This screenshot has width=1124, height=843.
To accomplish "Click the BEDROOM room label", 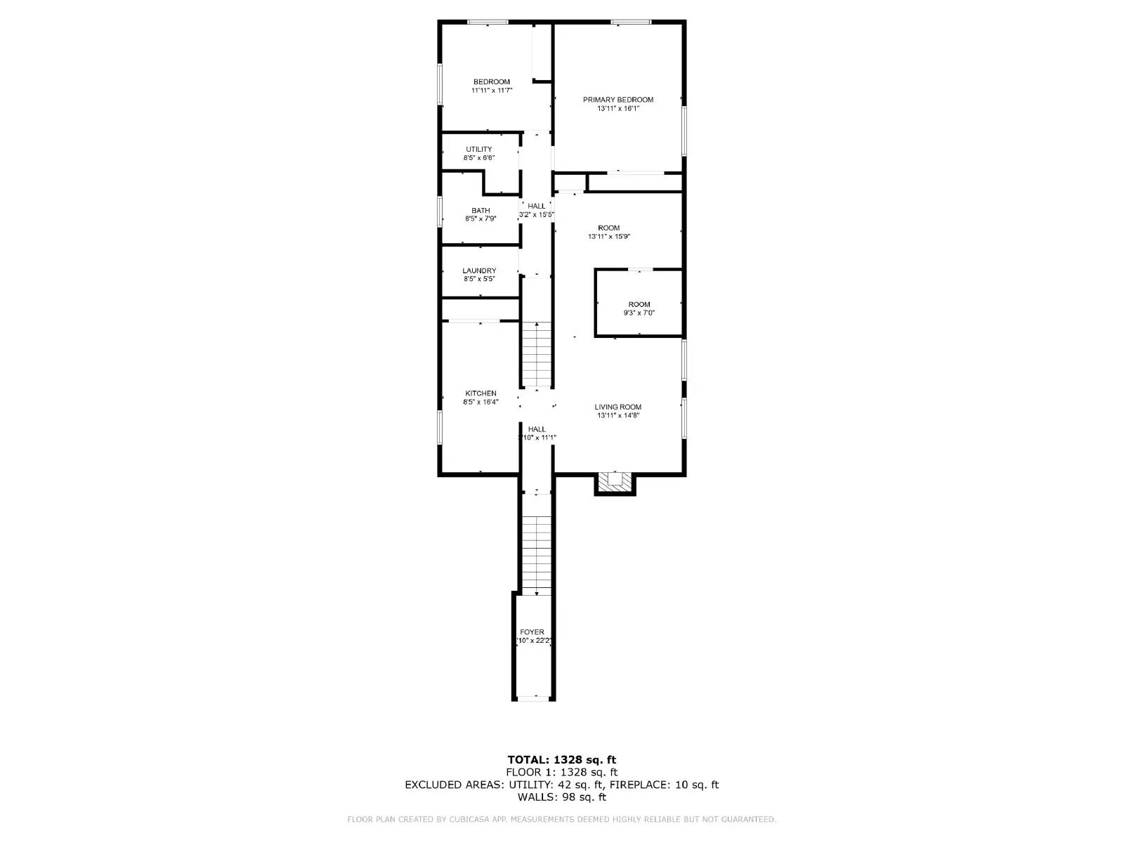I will (491, 82).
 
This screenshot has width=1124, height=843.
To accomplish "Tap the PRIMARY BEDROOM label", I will (617, 100).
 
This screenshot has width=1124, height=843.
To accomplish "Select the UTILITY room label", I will (478, 149).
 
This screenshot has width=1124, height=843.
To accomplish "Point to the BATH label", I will (481, 211).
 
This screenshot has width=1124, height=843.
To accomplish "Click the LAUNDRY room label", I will (479, 271).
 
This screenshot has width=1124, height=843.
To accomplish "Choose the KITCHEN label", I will (481, 393).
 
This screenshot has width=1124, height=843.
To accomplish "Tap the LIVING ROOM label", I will (617, 407).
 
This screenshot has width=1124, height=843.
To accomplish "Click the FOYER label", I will (532, 632).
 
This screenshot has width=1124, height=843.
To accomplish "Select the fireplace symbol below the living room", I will (615, 482).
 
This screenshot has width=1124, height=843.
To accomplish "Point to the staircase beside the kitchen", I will (537, 355).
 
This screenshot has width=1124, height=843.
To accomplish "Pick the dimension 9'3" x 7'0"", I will (639, 313).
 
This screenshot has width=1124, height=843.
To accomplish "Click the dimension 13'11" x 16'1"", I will (617, 109).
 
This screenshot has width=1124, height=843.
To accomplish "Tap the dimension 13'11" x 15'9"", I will (609, 237).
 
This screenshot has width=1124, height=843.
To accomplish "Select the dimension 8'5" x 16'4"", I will (481, 403).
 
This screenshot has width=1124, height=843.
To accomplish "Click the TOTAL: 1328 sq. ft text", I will (561, 759).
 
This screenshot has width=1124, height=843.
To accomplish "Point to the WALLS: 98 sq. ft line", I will (561, 797).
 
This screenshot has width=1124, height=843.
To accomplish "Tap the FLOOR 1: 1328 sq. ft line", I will (561, 772).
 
